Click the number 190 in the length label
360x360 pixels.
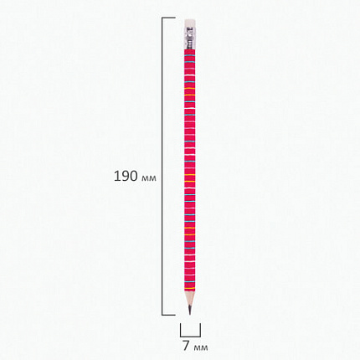point(126,176)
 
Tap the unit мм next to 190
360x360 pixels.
point(149,178)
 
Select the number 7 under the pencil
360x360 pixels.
point(186,346)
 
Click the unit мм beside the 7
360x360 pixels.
point(200,347)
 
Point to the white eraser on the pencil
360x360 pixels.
point(190,23)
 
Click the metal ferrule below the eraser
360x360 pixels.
point(190,39)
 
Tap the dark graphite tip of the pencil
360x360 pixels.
point(190,310)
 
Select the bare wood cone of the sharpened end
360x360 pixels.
point(190,299)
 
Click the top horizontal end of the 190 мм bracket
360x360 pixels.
point(168,18)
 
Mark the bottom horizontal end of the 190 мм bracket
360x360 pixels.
point(168,315)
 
